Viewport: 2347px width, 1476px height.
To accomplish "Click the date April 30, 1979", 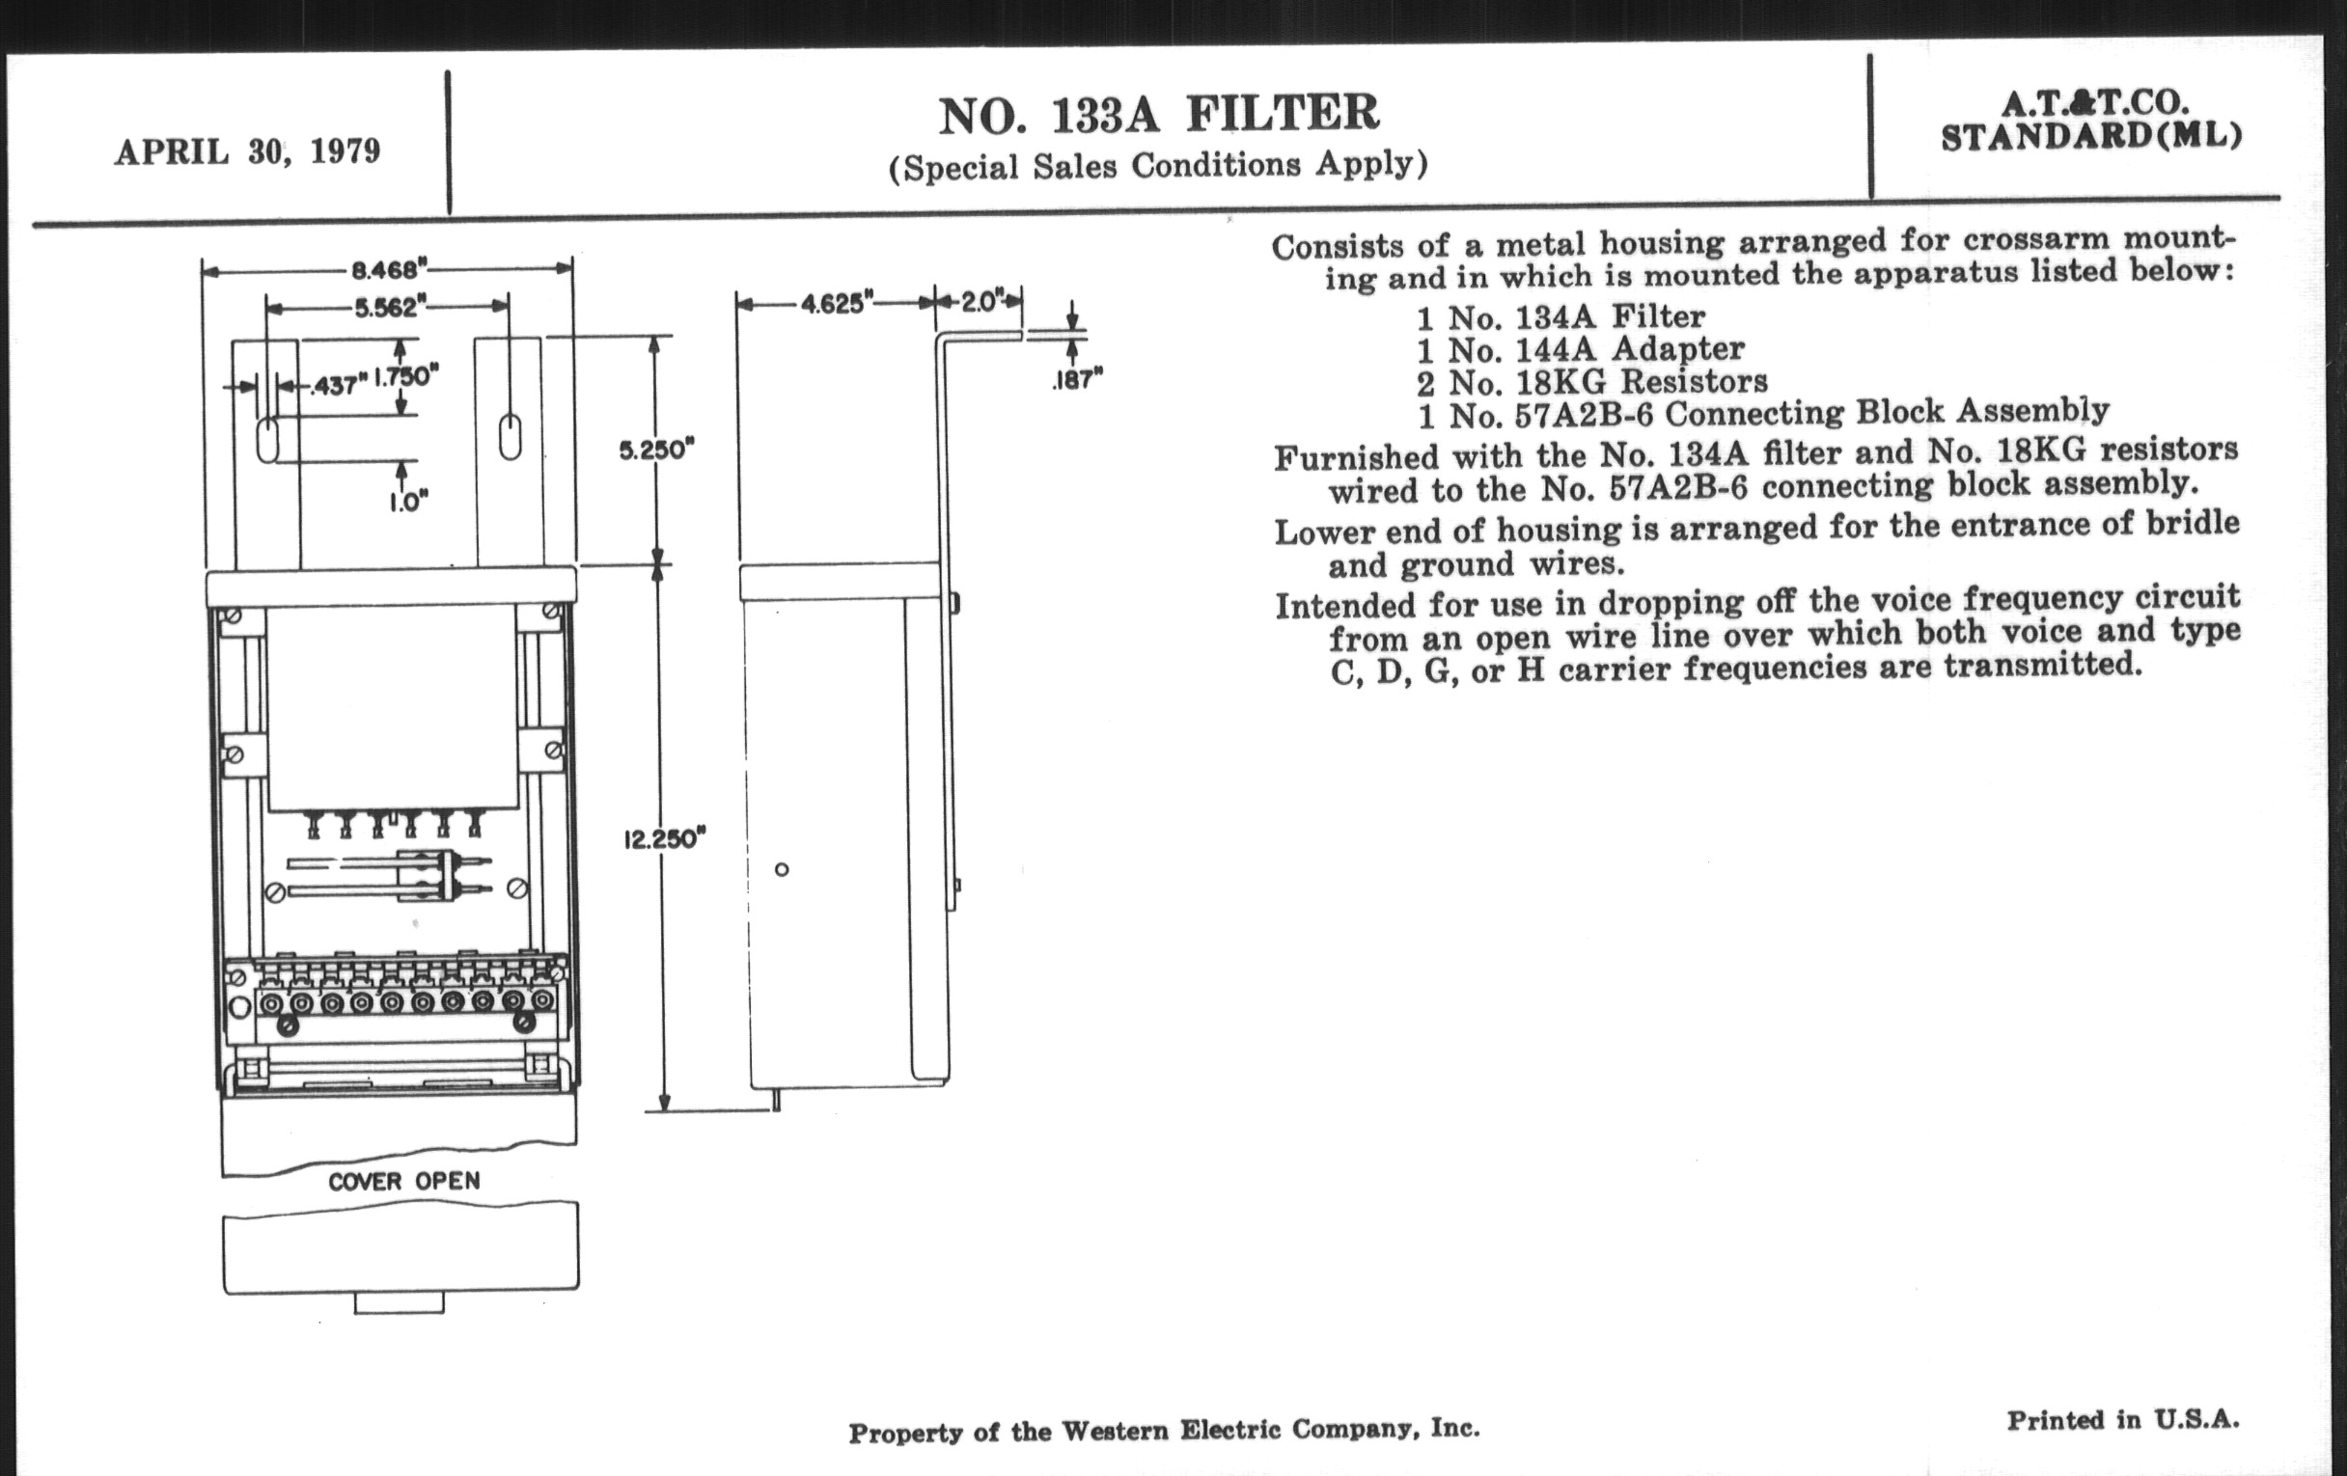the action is tap(248, 152).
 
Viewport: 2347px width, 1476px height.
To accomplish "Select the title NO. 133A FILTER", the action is tap(1159, 115).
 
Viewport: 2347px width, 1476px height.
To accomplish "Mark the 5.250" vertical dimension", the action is tap(656, 451).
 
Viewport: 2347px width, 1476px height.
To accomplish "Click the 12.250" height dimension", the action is tap(664, 838).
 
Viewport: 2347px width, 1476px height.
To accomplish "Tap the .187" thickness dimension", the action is tap(1077, 378).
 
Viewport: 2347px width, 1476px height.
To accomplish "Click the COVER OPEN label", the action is tap(403, 1182).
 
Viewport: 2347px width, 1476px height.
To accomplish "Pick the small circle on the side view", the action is tap(782, 869).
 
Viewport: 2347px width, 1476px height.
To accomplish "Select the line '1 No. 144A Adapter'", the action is tap(1580, 349).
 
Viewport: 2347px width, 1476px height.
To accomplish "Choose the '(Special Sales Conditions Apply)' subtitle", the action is tap(1158, 166).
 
